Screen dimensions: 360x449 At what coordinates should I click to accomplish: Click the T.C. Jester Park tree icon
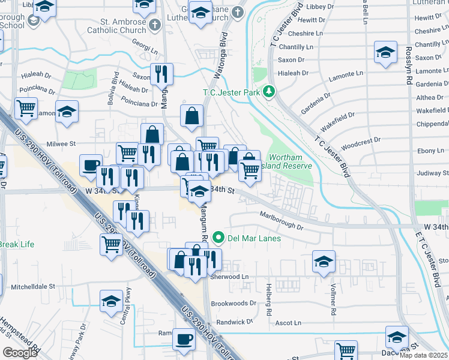pyautogui.click(x=270, y=92)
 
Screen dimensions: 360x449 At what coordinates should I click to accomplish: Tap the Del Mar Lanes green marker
pyautogui.click(x=218, y=238)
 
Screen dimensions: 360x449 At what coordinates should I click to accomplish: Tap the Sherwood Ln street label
pyautogui.click(x=229, y=277)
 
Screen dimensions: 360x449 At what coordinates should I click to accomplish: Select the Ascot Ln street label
pyautogui.click(x=288, y=323)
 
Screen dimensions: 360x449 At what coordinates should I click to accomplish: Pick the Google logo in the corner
pyautogui.click(x=20, y=352)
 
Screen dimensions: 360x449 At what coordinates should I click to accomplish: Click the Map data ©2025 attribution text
pyautogui.click(x=423, y=355)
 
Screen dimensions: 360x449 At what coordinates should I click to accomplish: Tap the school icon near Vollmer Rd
pyautogui.click(x=324, y=262)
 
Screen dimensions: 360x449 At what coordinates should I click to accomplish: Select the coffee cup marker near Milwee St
pyautogui.click(x=91, y=166)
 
